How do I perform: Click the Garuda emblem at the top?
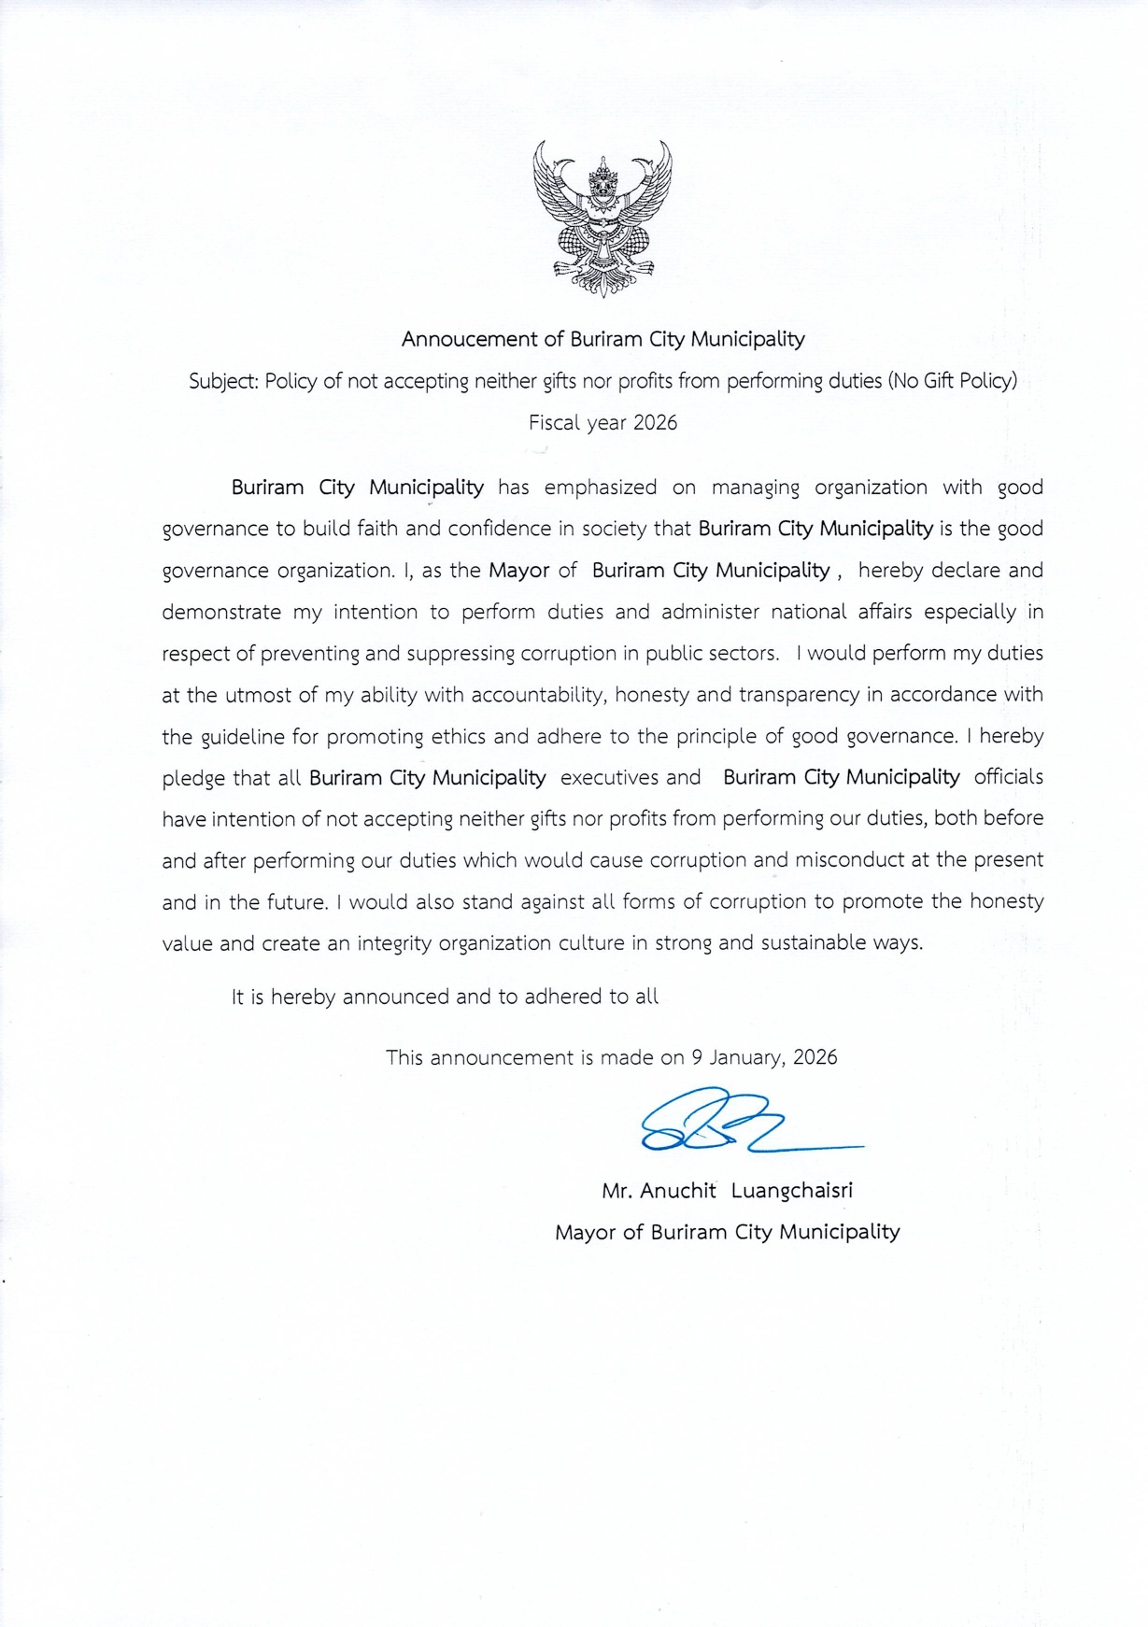(x=602, y=219)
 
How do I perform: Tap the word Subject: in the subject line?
(x=223, y=381)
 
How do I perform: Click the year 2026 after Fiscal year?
(x=655, y=422)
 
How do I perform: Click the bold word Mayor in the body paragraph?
(x=518, y=570)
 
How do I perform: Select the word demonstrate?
(x=221, y=612)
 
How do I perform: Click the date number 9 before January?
(x=696, y=1057)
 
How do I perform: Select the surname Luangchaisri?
(x=791, y=1191)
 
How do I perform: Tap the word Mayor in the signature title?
(x=585, y=1232)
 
